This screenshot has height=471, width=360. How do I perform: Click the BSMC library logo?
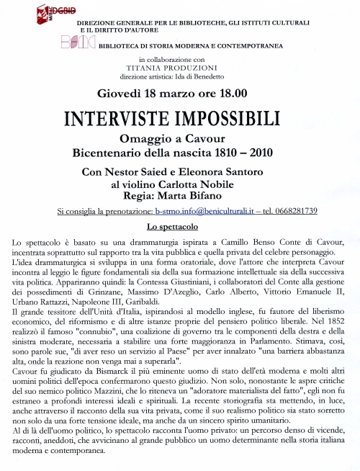[76, 42]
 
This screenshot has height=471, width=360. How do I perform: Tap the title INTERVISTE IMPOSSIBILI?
[179, 118]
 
